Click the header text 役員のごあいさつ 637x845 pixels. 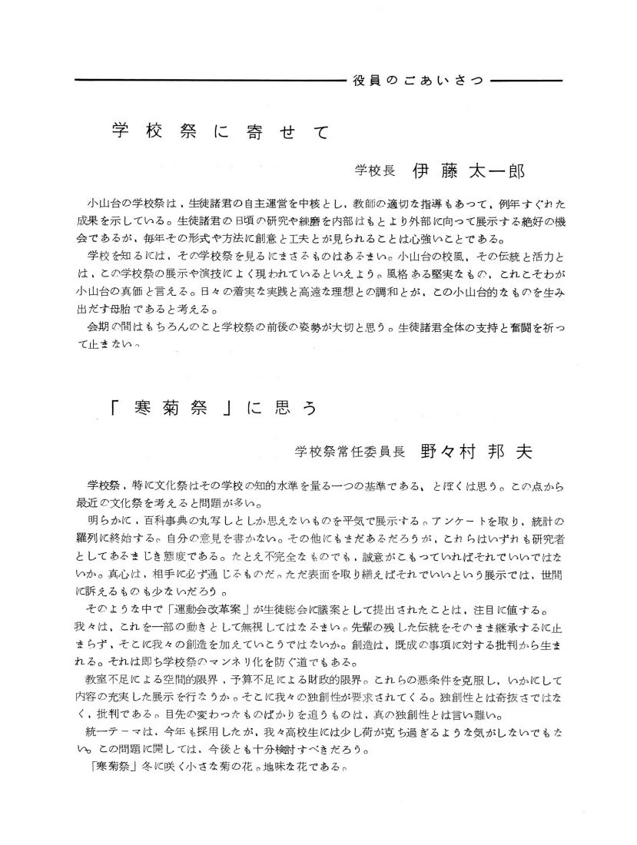pos(418,81)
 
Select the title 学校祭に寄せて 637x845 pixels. pos(220,131)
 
